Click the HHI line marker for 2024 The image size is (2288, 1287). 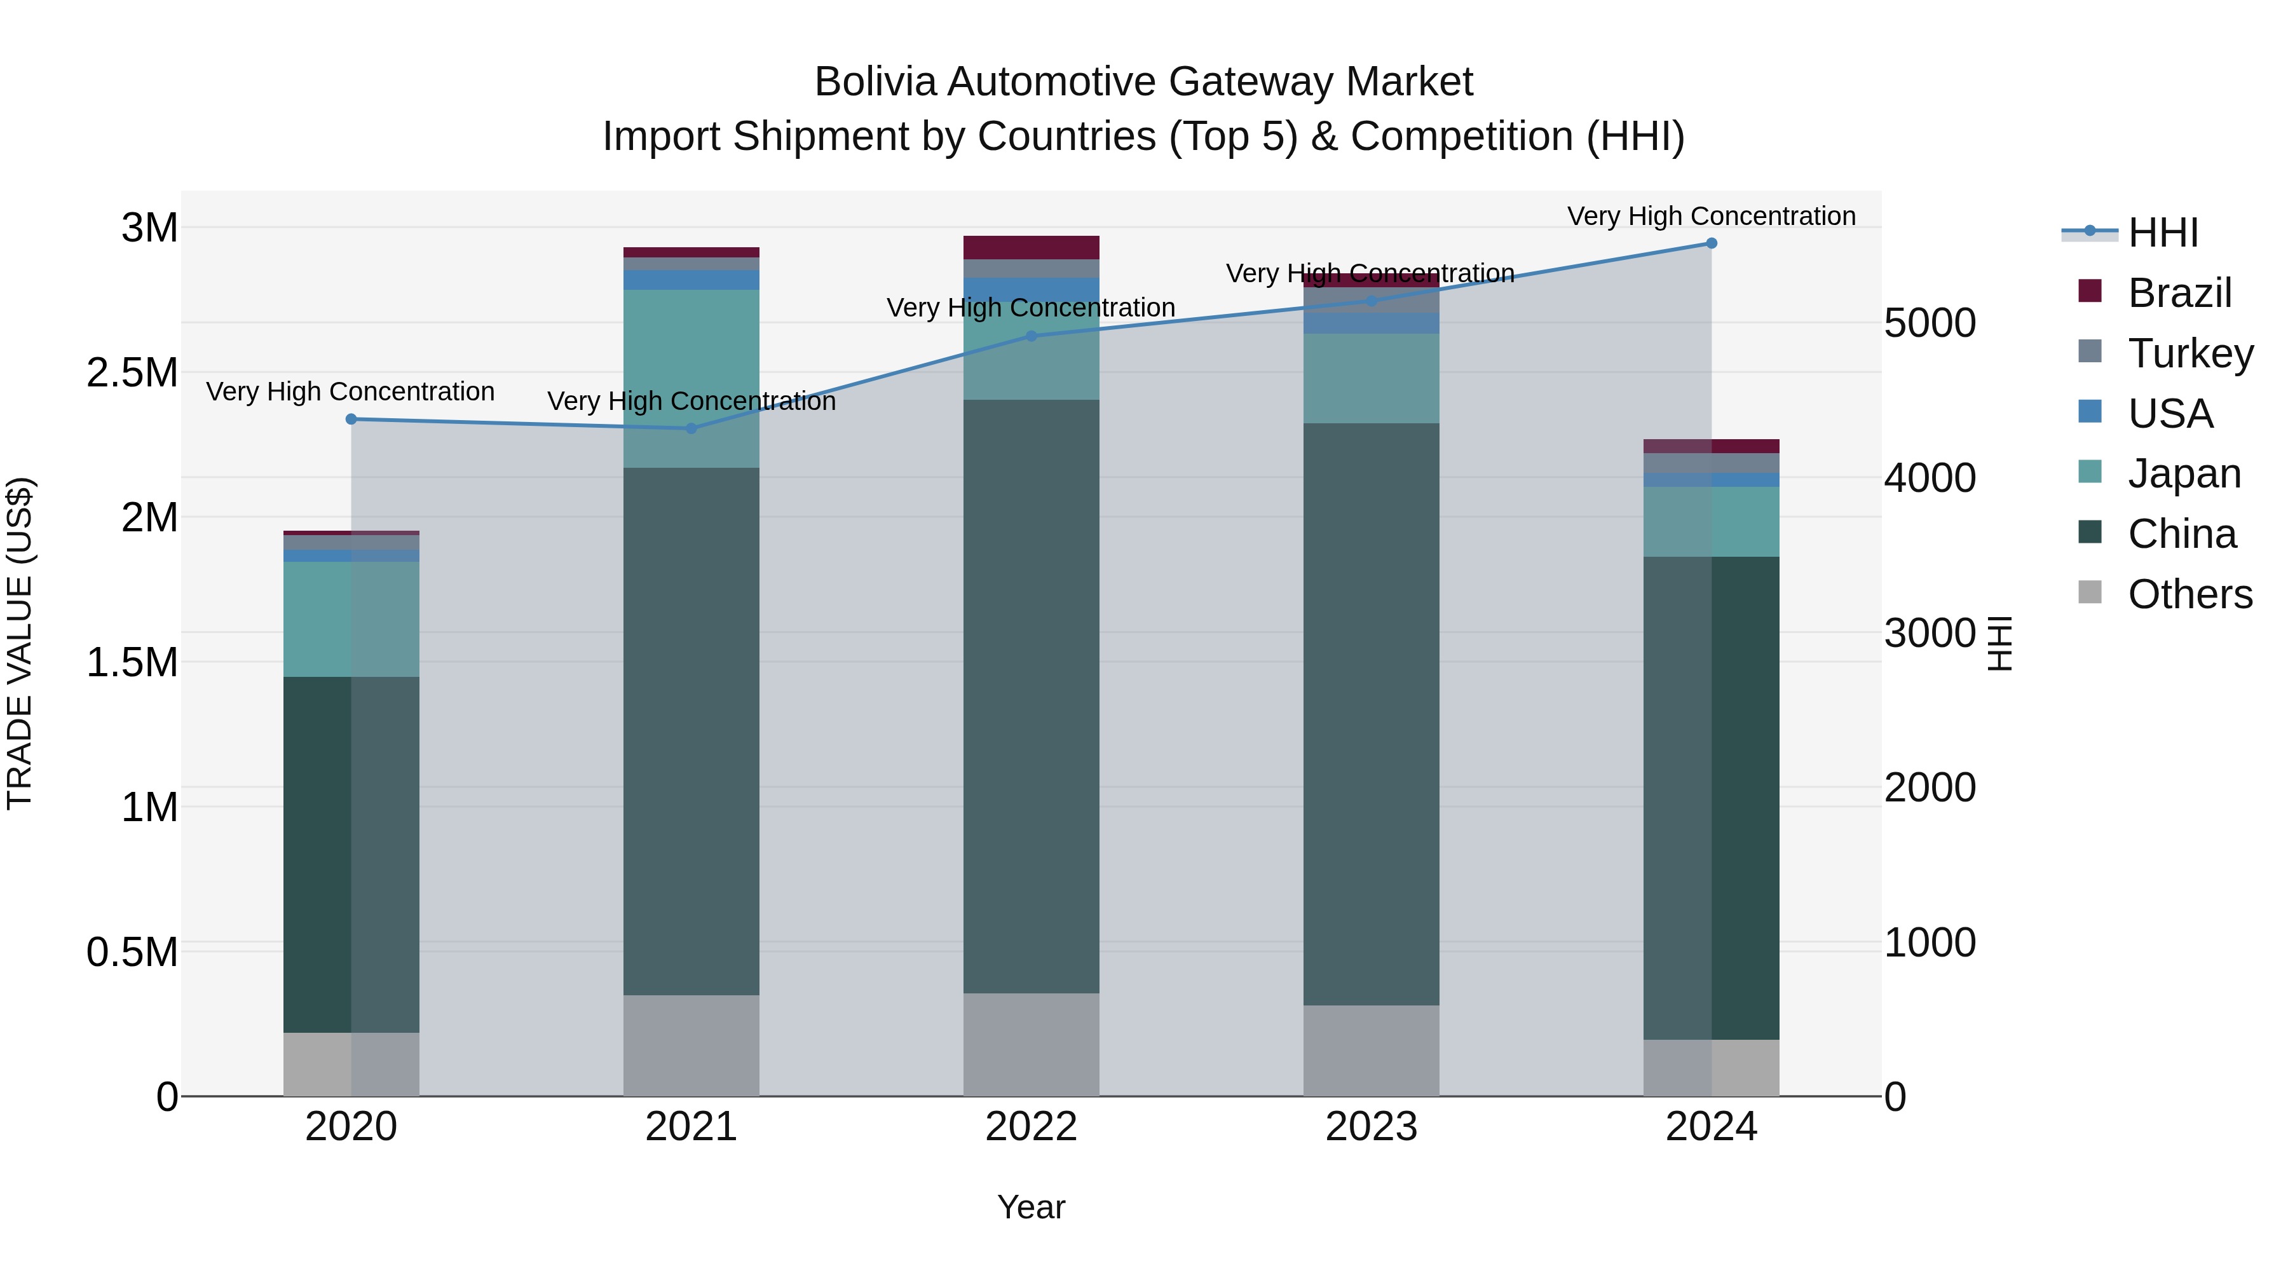(x=1711, y=243)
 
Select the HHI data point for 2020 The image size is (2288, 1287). (x=351, y=419)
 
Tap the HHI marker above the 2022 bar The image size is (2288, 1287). (x=1032, y=336)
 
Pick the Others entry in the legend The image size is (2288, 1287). (x=2189, y=594)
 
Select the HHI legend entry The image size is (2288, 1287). (x=2163, y=233)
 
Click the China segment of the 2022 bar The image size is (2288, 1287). (x=1032, y=697)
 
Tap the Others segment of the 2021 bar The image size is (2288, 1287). (x=691, y=1045)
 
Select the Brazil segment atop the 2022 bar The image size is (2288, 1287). (x=1032, y=248)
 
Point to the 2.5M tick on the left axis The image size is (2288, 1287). (x=132, y=373)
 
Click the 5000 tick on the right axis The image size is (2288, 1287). (x=1930, y=323)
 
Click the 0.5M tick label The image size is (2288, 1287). (x=132, y=952)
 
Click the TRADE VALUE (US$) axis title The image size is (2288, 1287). (x=20, y=643)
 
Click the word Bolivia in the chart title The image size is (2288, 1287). (x=875, y=82)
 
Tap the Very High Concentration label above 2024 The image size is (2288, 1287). (x=1711, y=216)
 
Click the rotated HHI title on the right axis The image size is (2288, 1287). (x=1999, y=643)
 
